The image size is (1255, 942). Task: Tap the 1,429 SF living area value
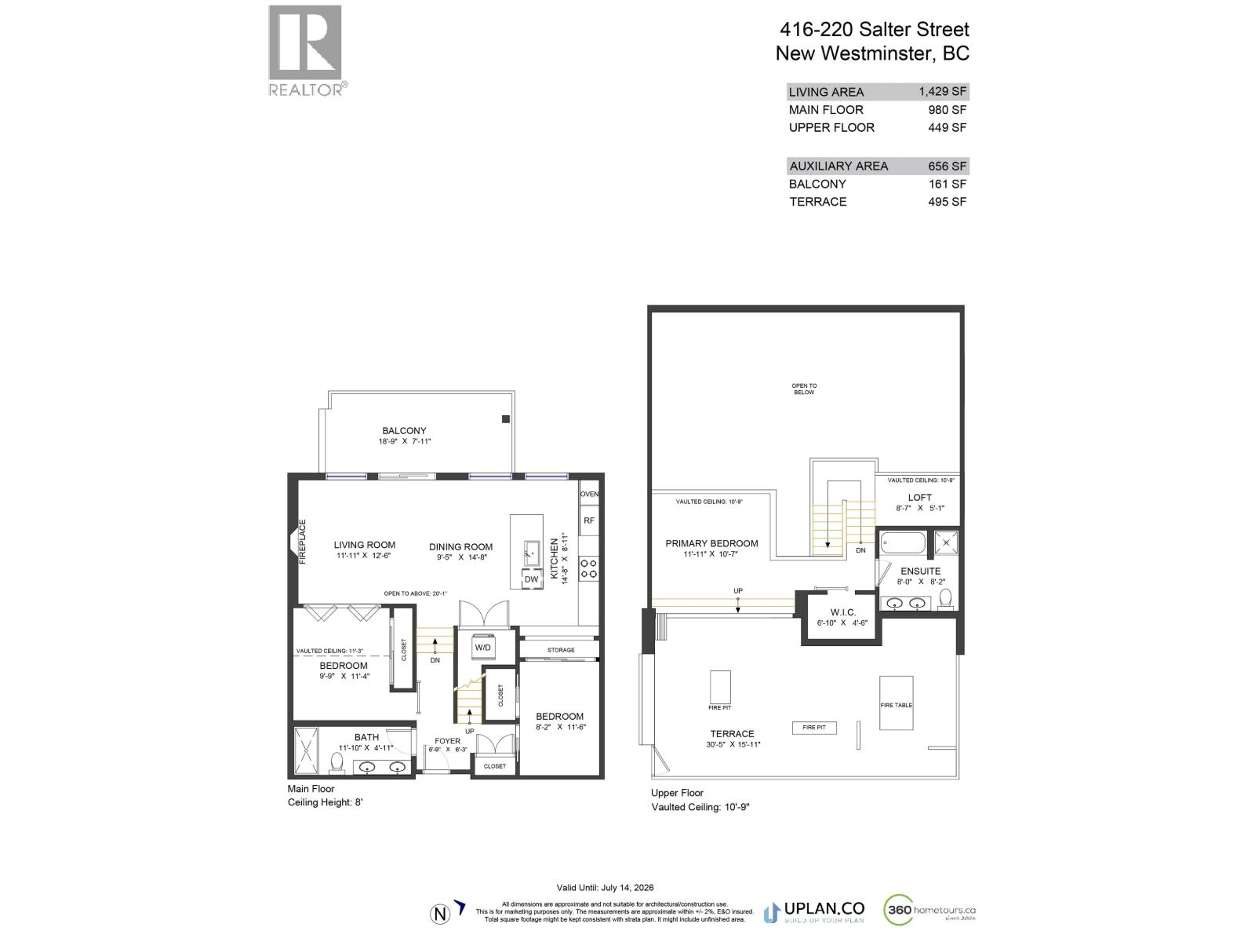pos(942,91)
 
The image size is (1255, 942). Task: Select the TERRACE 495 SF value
pos(948,202)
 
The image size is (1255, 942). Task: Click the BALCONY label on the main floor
pos(404,430)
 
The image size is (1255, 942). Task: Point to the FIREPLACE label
pos(303,542)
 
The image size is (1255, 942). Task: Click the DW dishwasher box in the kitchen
pos(531,579)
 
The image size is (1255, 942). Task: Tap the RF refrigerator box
pos(588,520)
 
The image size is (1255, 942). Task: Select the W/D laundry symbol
pos(482,648)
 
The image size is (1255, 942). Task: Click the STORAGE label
pos(561,650)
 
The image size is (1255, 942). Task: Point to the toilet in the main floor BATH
pos(337,762)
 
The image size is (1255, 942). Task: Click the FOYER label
pos(448,740)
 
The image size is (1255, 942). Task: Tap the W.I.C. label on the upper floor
pos(842,612)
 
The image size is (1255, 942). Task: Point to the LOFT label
pos(919,498)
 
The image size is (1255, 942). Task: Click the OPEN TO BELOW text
pos(803,389)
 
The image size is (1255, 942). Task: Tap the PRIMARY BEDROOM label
pos(711,543)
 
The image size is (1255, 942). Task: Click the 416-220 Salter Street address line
pos(874,30)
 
